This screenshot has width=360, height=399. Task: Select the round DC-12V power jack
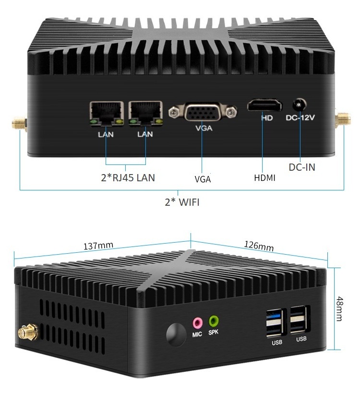(300, 104)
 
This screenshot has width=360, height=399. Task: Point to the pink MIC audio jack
(197, 321)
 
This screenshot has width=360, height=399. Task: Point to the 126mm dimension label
(259, 246)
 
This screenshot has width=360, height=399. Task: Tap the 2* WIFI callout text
(182, 202)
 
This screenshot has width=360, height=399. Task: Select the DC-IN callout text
(302, 167)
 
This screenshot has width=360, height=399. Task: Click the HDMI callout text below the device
(264, 178)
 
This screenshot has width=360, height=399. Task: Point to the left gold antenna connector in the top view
(18, 125)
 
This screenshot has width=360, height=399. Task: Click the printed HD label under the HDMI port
(267, 118)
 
